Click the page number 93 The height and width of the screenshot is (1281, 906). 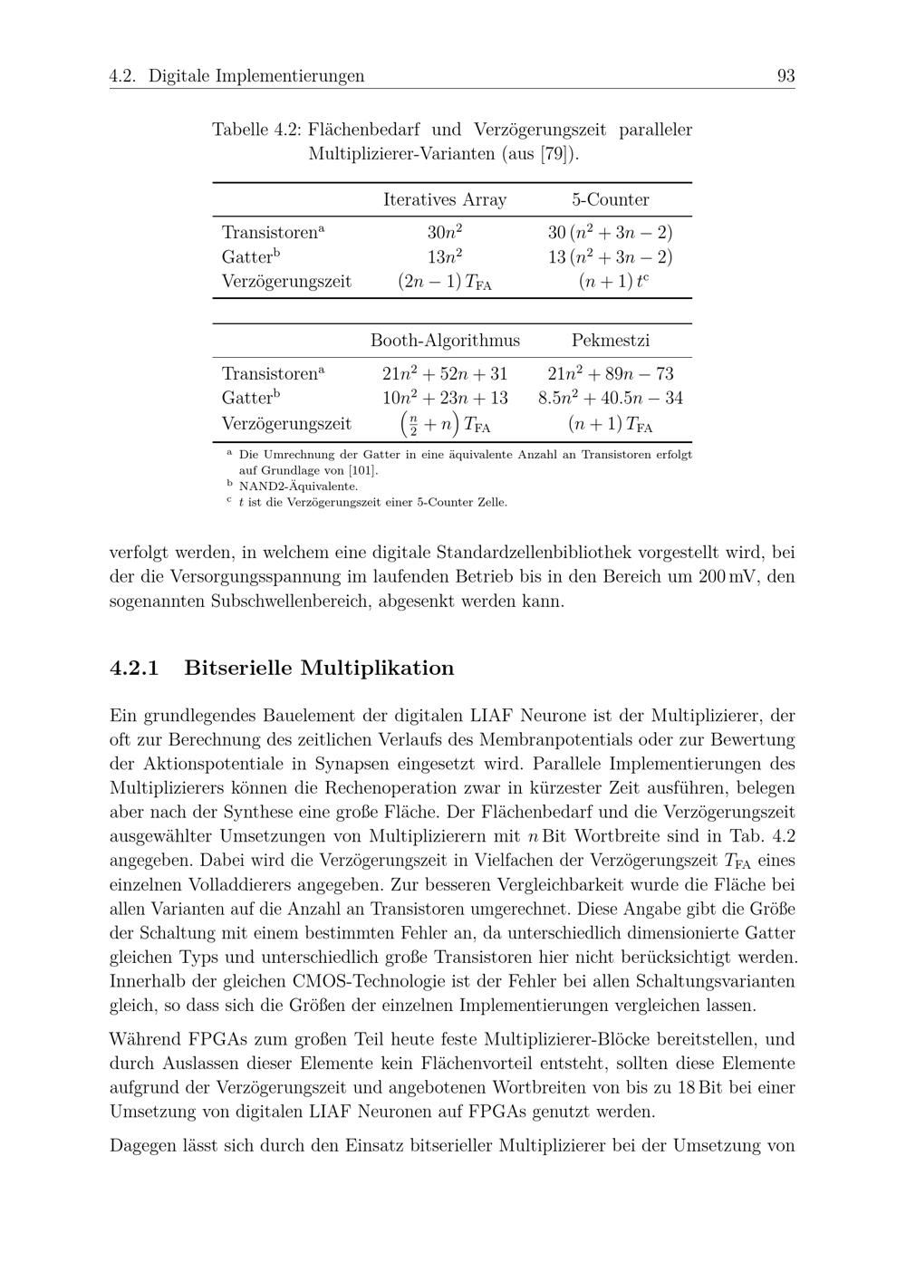pos(786,76)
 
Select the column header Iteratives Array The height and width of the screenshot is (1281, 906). pos(445,199)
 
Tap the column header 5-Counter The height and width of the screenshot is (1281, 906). pos(610,199)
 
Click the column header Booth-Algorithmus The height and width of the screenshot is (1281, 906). pos(445,341)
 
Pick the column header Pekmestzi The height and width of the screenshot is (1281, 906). pos(610,341)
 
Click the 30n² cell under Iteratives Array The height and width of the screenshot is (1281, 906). pos(445,232)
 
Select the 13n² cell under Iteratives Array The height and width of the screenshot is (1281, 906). pos(445,256)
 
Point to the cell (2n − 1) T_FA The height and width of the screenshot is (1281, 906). pos(445,282)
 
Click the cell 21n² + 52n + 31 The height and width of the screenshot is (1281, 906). pos(445,373)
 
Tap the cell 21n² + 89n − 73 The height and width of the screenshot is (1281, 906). pos(610,373)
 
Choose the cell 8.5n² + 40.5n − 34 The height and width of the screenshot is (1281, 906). pos(610,398)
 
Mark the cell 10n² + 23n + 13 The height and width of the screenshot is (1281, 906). pos(445,398)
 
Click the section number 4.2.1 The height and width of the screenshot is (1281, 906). pos(134,669)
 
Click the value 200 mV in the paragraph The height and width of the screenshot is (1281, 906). pos(732,577)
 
